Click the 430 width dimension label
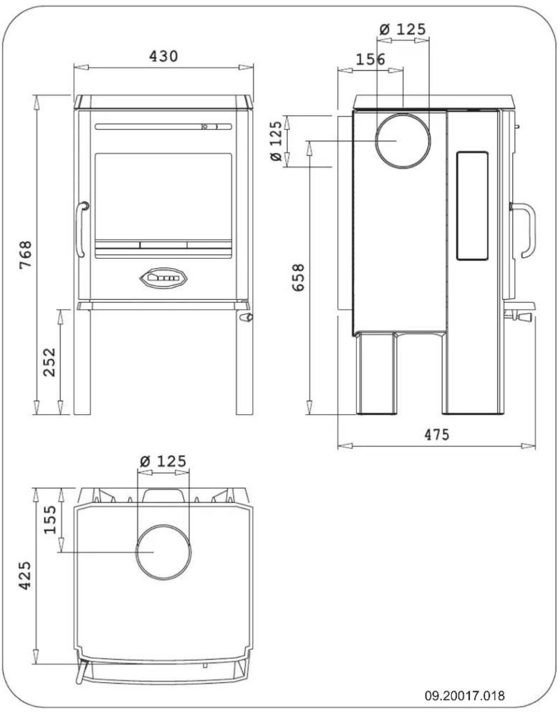pyautogui.click(x=164, y=56)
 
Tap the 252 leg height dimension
pyautogui.click(x=49, y=362)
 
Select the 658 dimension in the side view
pyautogui.click(x=298, y=277)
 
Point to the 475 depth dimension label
pyautogui.click(x=436, y=434)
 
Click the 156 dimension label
pyautogui.click(x=370, y=59)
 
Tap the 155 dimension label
pyautogui.click(x=50, y=519)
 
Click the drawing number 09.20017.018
pyautogui.click(x=464, y=695)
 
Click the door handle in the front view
pyautogui.click(x=81, y=229)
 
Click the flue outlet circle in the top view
pyautogui.click(x=163, y=552)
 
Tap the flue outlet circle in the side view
pyautogui.click(x=403, y=141)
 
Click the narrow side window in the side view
pyautogui.click(x=473, y=206)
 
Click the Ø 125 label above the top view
pyautogui.click(x=163, y=461)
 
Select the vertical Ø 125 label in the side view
pyautogui.click(x=276, y=141)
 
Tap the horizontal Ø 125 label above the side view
pyautogui.click(x=402, y=29)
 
